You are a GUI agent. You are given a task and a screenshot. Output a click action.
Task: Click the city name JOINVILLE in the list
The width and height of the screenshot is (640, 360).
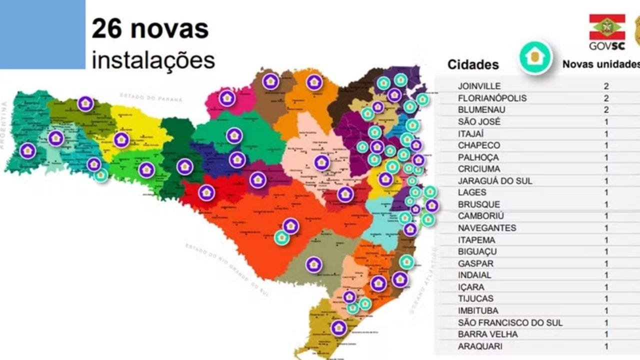[x=479, y=86]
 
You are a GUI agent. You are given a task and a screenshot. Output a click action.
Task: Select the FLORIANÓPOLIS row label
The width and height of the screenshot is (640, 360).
[x=492, y=98]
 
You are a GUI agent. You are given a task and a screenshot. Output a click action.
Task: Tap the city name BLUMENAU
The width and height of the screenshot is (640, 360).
[x=481, y=109]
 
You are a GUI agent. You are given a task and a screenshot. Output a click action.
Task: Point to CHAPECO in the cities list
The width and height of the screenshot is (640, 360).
[x=479, y=145]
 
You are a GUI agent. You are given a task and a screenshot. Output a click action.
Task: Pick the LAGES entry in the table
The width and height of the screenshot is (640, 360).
[x=472, y=192]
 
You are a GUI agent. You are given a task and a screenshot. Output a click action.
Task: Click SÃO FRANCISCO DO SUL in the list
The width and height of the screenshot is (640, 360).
[x=510, y=322]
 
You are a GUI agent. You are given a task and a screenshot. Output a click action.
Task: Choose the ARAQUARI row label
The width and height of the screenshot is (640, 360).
[x=480, y=346]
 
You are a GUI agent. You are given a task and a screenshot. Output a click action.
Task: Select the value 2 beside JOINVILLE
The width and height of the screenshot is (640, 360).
[x=606, y=86]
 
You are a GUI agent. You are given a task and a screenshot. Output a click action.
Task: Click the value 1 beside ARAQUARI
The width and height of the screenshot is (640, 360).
[x=606, y=346]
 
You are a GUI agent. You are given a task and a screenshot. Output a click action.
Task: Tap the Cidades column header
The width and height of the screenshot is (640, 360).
[x=473, y=64]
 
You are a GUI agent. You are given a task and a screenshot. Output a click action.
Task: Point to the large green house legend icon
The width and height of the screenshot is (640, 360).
[x=535, y=57]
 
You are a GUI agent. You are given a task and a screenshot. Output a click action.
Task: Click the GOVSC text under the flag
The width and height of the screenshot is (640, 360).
[x=606, y=46]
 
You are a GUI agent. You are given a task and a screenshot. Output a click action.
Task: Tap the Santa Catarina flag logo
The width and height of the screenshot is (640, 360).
[x=607, y=27]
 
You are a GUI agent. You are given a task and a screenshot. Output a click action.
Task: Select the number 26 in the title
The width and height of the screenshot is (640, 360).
[x=106, y=29]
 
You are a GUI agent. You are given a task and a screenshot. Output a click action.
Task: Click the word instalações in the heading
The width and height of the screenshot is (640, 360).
[x=153, y=60]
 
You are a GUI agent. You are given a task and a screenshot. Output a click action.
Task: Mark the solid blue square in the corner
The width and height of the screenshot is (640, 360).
[x=42, y=34]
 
